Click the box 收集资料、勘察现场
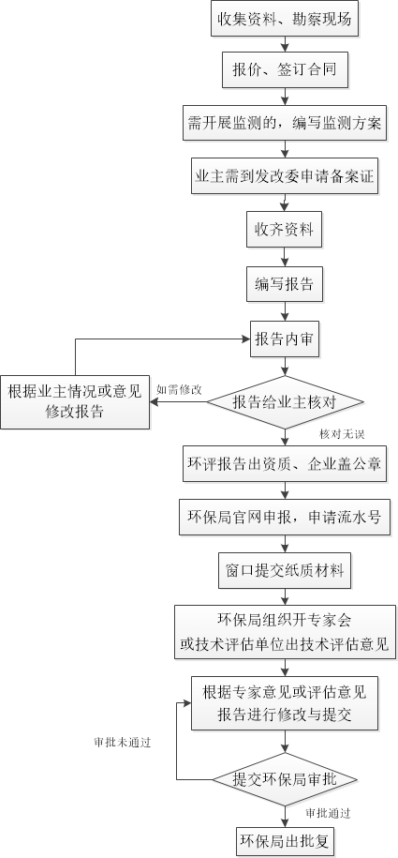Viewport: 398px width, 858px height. [285, 19]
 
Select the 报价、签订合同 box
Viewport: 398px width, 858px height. [285, 69]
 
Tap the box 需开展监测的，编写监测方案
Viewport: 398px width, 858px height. [285, 123]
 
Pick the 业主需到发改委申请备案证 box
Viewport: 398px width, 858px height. [285, 175]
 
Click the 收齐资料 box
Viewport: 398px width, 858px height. [285, 229]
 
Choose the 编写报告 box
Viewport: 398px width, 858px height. [285, 284]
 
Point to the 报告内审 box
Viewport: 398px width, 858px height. [285, 339]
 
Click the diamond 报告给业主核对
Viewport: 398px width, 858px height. [285, 402]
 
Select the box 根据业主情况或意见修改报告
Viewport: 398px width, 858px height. [75, 402]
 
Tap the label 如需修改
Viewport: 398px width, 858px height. [179, 389]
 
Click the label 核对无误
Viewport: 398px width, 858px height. [342, 434]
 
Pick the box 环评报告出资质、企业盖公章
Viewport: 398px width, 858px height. [285, 464]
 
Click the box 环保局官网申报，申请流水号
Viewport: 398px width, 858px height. [285, 517]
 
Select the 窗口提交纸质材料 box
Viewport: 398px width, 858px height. [285, 570]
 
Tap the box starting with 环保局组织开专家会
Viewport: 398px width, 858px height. [285, 632]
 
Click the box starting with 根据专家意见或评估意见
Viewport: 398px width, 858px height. [285, 703]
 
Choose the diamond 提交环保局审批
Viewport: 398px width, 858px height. [285, 779]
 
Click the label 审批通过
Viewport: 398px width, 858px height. [328, 813]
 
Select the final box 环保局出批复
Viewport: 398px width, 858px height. [285, 841]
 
